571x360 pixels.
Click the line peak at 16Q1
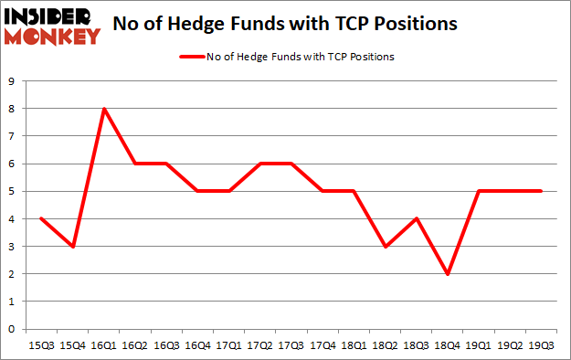105,109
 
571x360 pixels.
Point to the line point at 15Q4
73,247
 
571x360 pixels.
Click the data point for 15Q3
42,219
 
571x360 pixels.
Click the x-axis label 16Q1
105,345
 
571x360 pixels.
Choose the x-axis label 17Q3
291,345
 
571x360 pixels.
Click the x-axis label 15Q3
42,345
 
